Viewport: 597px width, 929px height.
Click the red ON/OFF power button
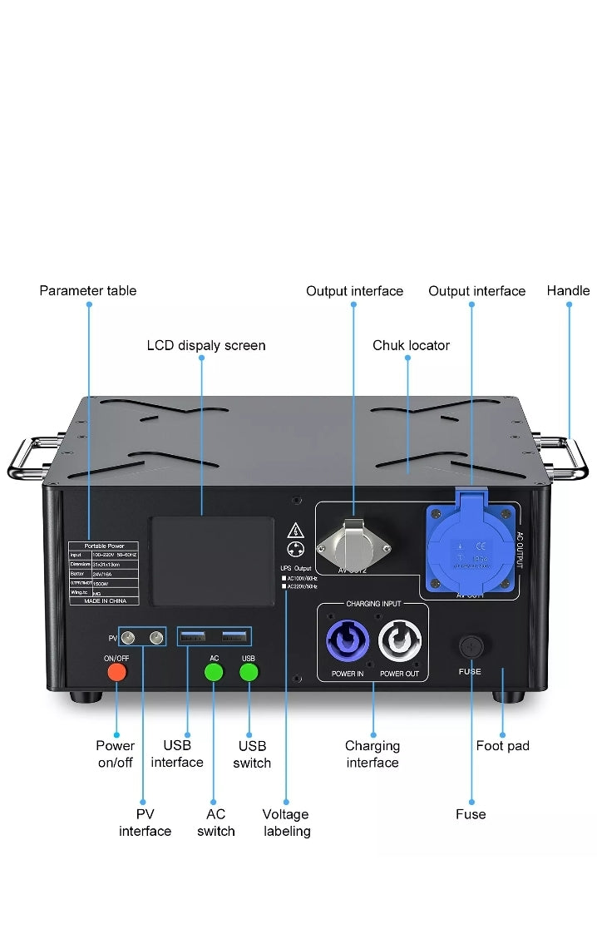[x=116, y=671]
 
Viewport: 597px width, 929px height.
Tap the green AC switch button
[x=215, y=671]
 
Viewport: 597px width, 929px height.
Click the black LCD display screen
[x=211, y=561]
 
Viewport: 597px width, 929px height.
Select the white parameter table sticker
[x=104, y=572]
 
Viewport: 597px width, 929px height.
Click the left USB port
[x=193, y=637]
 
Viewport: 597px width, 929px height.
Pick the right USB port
[x=235, y=637]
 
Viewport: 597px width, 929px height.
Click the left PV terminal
[x=128, y=638]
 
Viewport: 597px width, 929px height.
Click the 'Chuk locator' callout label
[x=411, y=345]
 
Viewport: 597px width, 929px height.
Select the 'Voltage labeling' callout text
[x=286, y=823]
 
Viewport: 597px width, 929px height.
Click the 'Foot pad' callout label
[x=502, y=746]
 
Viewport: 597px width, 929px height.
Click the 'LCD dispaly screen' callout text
[x=206, y=345]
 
